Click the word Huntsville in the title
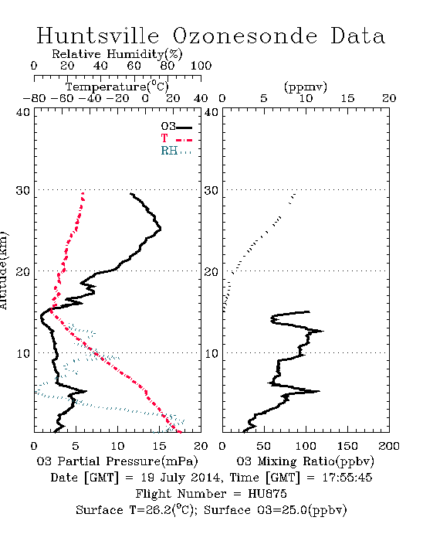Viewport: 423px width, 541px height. tap(98, 36)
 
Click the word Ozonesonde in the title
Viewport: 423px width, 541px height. tap(245, 36)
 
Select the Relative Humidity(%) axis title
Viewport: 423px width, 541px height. tap(117, 54)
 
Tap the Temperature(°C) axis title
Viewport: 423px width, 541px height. tap(117, 87)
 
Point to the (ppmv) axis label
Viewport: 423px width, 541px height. tap(306, 87)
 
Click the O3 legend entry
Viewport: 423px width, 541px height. tap(176, 127)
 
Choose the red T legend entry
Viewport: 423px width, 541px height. tap(176, 138)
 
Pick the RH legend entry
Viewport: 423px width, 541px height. tap(176, 151)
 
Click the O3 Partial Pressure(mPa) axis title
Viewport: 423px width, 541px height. tap(117, 461)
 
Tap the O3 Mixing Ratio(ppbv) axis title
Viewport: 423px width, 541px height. tap(305, 461)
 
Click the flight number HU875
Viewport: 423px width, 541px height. tap(267, 493)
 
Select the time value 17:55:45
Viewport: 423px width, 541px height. tap(347, 478)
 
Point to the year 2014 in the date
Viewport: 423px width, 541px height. tap(205, 478)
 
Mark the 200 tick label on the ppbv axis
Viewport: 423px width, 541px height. tap(389, 446)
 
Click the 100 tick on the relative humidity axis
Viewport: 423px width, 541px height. tap(201, 65)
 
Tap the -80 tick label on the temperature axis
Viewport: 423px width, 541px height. tap(34, 98)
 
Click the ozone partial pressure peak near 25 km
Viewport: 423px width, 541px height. tap(161, 229)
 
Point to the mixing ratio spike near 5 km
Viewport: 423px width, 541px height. tap(319, 391)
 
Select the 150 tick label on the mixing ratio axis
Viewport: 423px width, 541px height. tap(347, 446)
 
